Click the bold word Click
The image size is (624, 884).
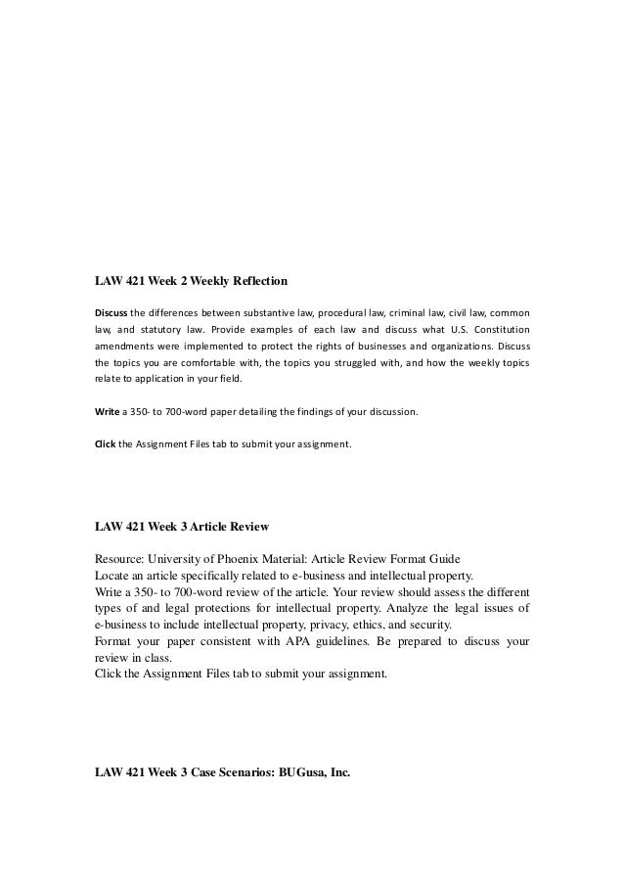pyautogui.click(x=105, y=443)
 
